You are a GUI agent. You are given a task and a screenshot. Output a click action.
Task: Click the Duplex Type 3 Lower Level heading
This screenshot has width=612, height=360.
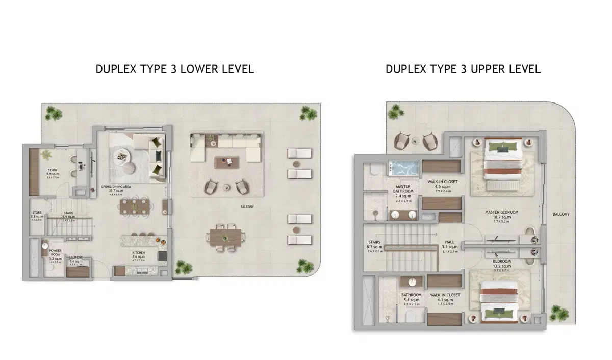pos(174,69)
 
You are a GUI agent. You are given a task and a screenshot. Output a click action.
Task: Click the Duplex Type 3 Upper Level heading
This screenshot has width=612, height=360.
pos(463,69)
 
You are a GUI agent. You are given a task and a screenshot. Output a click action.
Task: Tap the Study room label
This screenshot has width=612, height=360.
pos(53,171)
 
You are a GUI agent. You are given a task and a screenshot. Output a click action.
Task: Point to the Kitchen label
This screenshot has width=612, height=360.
pos(139,253)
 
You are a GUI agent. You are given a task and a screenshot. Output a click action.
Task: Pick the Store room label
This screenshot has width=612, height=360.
pos(36,215)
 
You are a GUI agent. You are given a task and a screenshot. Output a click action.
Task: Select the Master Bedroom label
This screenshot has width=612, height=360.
pos(501,212)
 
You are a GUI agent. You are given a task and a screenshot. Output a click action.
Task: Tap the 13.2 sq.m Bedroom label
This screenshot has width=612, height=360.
pos(502,261)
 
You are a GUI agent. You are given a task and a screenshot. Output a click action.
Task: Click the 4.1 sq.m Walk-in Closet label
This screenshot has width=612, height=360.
pos(445,295)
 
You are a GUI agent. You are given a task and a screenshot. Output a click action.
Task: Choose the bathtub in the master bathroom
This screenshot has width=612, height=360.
pos(404,167)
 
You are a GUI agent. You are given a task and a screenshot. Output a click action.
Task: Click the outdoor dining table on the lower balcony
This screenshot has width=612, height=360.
pos(225,237)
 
